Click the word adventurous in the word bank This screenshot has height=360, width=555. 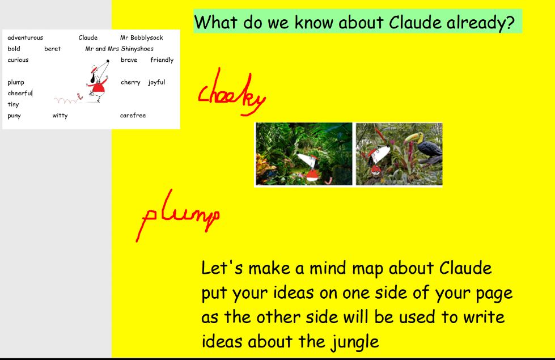(25, 37)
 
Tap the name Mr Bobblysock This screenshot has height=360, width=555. (142, 37)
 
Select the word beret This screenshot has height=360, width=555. (52, 49)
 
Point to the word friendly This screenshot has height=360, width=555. (162, 60)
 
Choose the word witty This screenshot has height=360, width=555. (60, 116)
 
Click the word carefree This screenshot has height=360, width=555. (133, 116)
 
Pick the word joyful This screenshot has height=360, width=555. (156, 82)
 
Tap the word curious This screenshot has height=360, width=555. (18, 60)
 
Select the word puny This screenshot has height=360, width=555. (14, 116)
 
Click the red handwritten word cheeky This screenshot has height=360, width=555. (232, 93)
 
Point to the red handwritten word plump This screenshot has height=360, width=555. (178, 215)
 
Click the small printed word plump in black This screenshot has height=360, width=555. (16, 82)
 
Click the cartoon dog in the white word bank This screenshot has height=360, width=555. (98, 82)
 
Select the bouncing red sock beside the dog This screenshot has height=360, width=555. (79, 96)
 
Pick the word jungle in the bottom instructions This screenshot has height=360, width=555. (355, 342)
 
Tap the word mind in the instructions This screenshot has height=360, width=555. (329, 268)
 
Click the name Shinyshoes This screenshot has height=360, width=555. (137, 49)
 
